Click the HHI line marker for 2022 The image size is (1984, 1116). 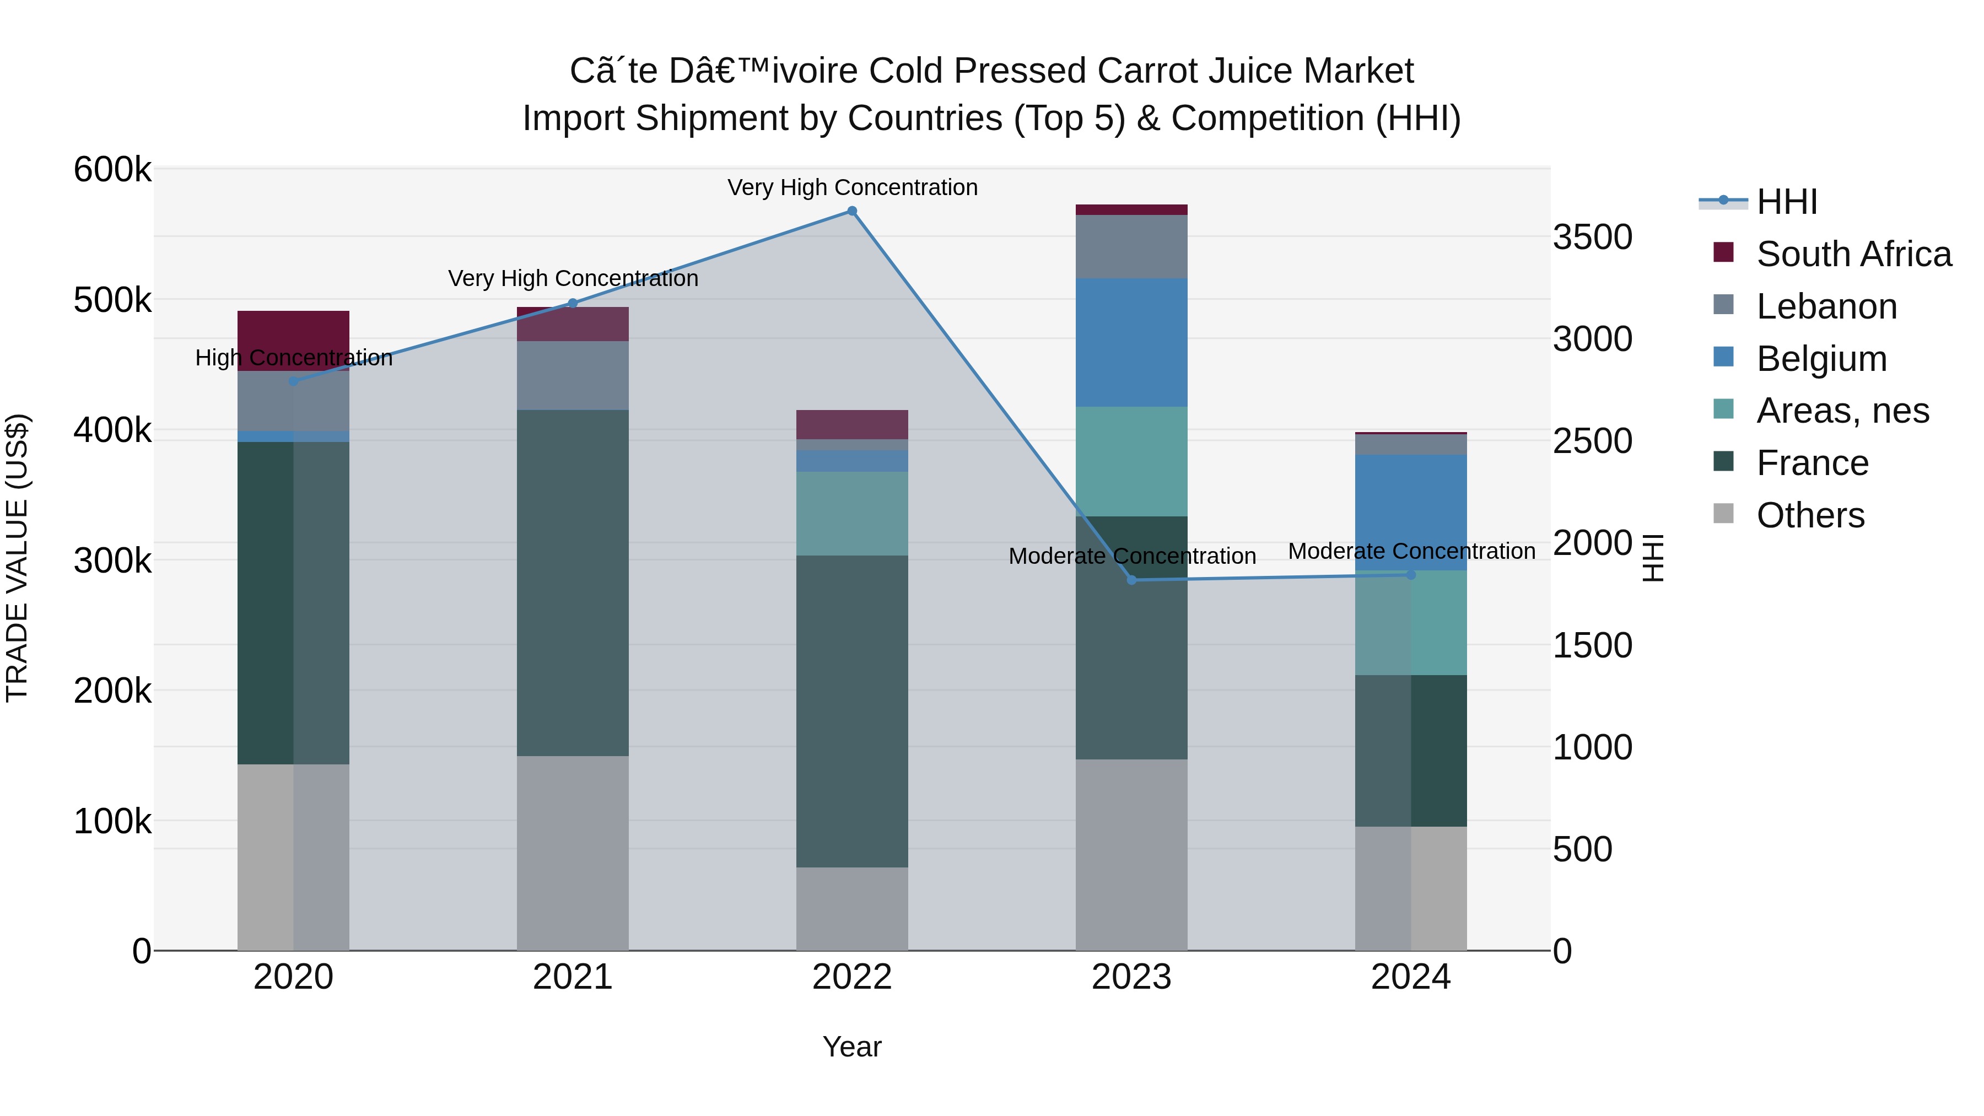click(x=852, y=211)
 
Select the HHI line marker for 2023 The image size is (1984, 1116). click(x=1131, y=580)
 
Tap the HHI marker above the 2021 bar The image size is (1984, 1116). click(x=572, y=304)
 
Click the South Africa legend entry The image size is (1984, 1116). click(x=1833, y=254)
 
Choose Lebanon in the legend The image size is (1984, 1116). click(x=1805, y=306)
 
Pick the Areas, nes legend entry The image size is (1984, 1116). click(x=1821, y=411)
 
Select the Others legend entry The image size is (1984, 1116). click(x=1789, y=515)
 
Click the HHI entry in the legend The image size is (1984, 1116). click(x=1759, y=202)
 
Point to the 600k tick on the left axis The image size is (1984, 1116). click(x=112, y=169)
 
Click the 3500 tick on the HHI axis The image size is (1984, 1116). click(x=1593, y=237)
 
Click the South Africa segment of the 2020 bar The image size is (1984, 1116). click(x=293, y=341)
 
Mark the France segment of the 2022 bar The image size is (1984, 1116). click(x=852, y=711)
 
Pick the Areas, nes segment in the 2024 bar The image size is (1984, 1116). click(x=1411, y=623)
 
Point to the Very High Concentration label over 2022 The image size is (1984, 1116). click(x=853, y=188)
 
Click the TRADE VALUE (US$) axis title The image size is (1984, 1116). click(x=17, y=558)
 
